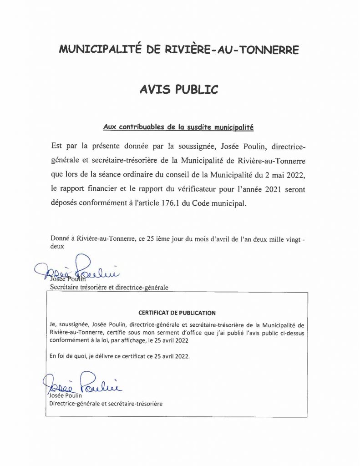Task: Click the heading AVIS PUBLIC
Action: coord(178,90)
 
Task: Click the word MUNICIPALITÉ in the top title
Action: coord(101,50)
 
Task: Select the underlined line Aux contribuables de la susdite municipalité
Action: coord(178,128)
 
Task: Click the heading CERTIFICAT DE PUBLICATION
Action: coord(177,313)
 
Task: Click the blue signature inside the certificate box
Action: coord(82,384)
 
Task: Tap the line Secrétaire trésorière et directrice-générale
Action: coord(109,288)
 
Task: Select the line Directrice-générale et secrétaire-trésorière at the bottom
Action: coord(106,403)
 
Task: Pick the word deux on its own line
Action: coord(57,246)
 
